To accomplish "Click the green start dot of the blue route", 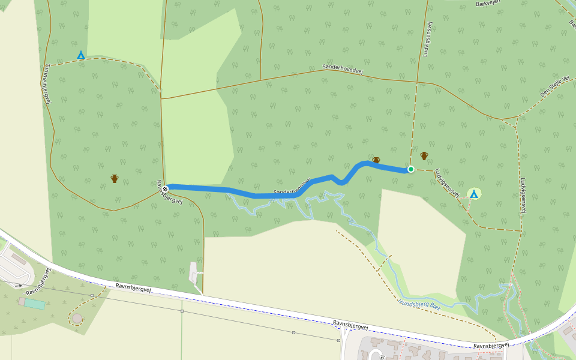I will [x=411, y=169].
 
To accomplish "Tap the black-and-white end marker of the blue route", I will [x=165, y=189].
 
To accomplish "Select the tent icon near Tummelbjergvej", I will [x=80, y=55].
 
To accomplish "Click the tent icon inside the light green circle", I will [x=474, y=193].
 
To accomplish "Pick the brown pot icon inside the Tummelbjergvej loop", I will [x=115, y=178].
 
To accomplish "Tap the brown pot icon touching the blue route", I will [x=376, y=160].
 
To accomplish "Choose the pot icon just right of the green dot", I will [x=424, y=156].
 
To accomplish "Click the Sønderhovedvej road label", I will [x=343, y=70].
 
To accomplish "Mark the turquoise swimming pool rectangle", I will [x=35, y=304].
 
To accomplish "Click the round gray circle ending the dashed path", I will [x=77, y=318].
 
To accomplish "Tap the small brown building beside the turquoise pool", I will [x=22, y=301].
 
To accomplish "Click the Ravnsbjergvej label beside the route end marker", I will [x=169, y=194].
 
